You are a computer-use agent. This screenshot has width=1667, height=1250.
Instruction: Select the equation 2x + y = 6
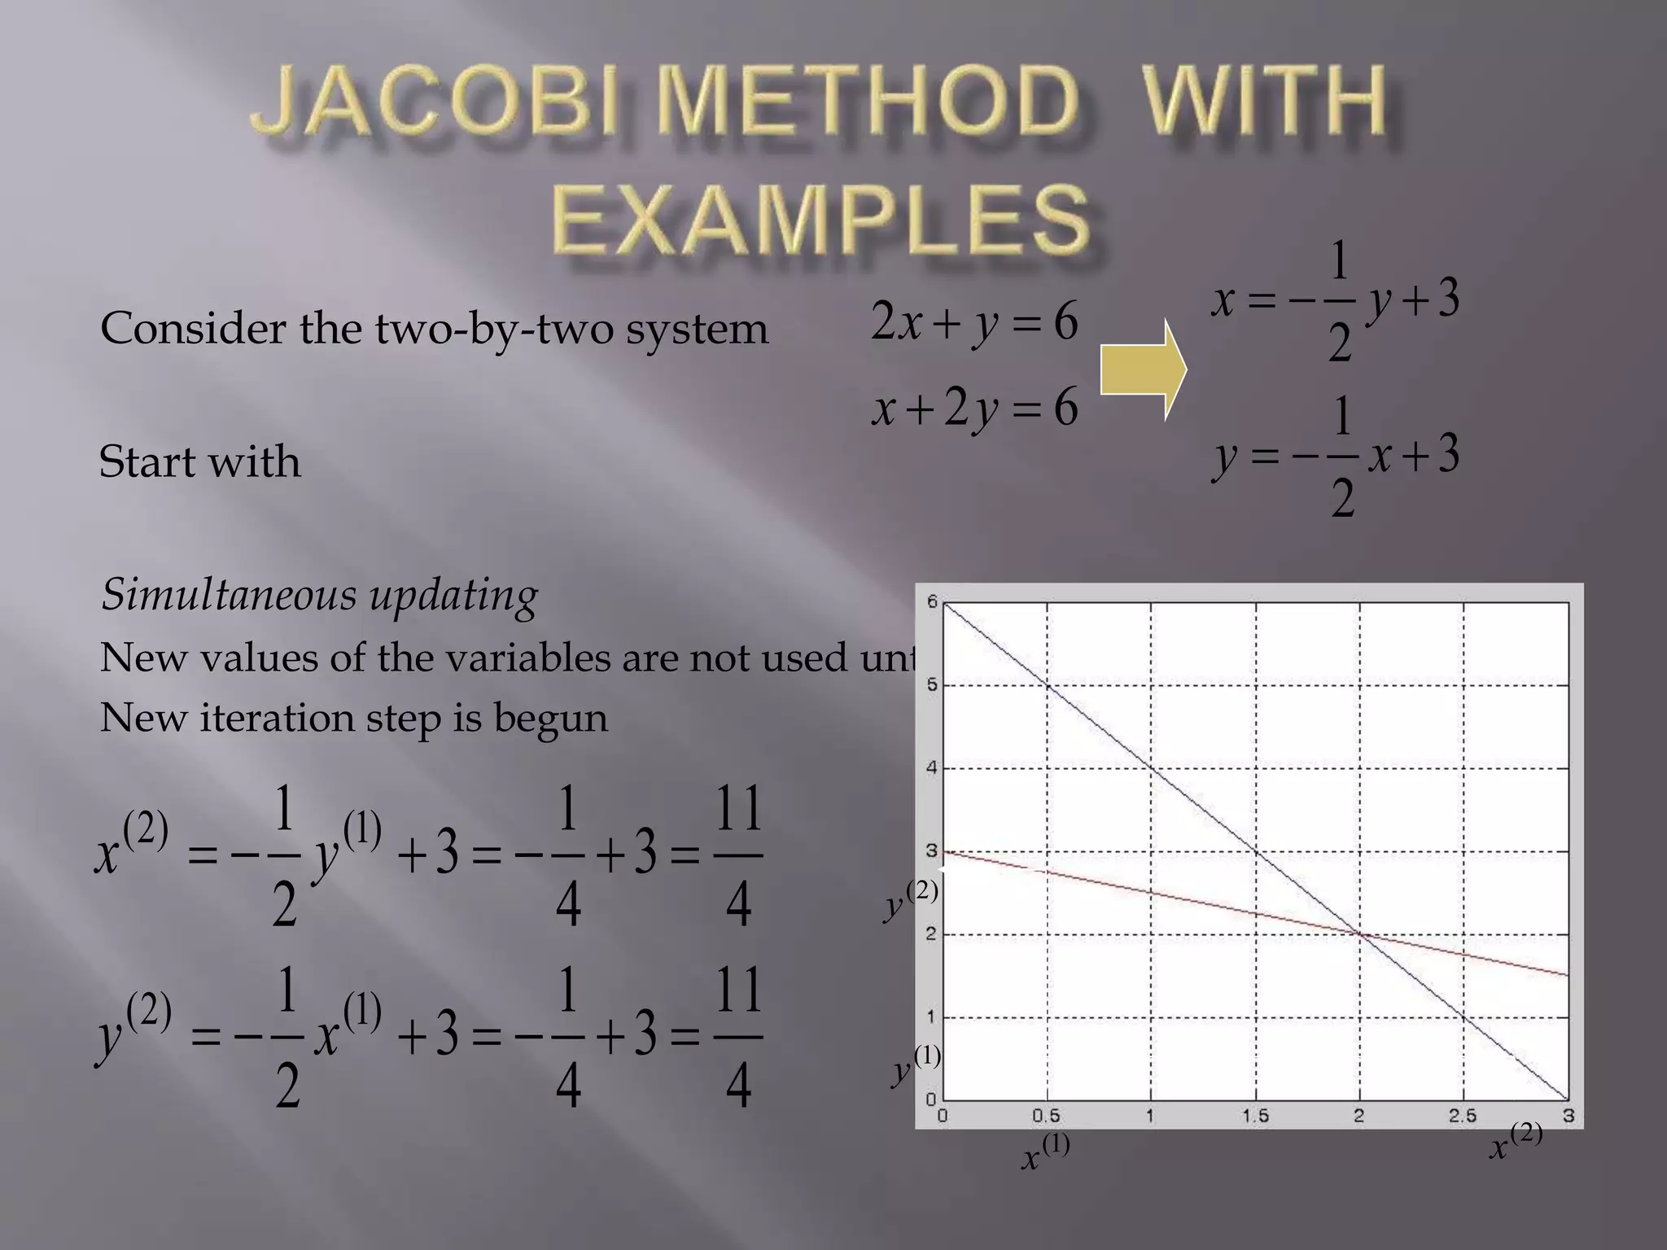974,321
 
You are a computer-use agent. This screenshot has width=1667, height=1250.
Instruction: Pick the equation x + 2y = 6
974,407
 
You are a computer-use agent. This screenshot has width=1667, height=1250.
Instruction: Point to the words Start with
199,462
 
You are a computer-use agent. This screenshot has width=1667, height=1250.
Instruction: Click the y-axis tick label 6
932,601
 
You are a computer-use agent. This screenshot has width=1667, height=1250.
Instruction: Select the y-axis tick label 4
932,767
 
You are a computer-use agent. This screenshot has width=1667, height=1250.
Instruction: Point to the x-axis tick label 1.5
1254,1116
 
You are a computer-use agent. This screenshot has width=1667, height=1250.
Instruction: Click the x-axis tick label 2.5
1462,1116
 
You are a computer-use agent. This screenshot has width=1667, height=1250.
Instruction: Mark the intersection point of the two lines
1359,934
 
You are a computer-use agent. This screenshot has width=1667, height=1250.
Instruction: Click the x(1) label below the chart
1044,1153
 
